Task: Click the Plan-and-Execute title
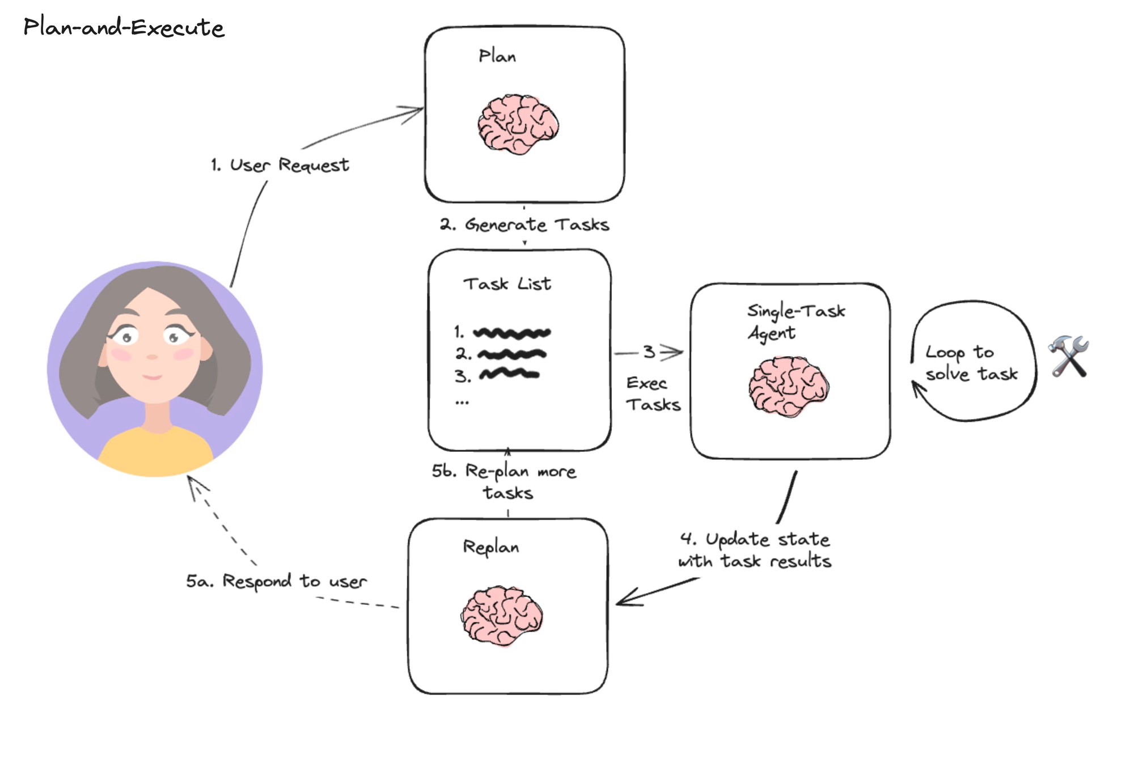tap(124, 27)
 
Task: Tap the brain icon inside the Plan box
tap(518, 124)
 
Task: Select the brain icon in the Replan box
tap(502, 616)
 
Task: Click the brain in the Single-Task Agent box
tap(788, 386)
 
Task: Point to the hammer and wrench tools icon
tap(1068, 356)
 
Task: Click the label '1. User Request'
tap(280, 165)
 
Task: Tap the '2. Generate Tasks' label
tap(524, 225)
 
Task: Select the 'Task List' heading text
tap(507, 283)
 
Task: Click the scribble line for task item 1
tap(511, 333)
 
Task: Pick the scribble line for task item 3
tap(509, 374)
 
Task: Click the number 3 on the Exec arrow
tap(649, 352)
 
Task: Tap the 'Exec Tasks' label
tap(652, 394)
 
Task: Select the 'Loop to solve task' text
tap(971, 363)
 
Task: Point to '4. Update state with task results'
tap(755, 549)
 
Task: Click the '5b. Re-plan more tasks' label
tap(505, 481)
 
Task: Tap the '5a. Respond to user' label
tap(276, 581)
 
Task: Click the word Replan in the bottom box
tap(490, 547)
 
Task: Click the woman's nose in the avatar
tap(151, 357)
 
